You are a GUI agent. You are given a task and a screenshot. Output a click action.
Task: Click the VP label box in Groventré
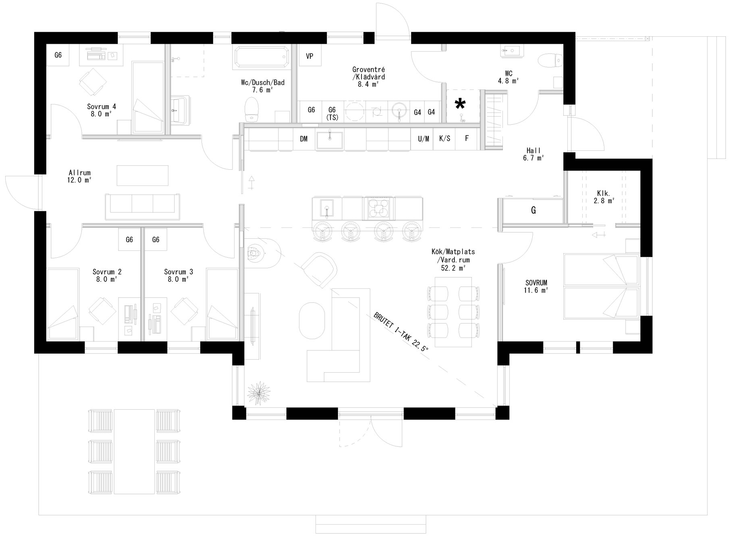point(309,56)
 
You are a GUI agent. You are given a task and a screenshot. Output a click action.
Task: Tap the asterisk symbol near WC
point(460,104)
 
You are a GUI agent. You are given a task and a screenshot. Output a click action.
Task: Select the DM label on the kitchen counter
point(303,139)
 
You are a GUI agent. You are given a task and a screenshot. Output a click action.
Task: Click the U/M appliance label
point(423,139)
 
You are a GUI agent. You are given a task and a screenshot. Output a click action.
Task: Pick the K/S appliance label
point(444,139)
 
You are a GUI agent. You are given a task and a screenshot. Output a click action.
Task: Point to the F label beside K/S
point(467,138)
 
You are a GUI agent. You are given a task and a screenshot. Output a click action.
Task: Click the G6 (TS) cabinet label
point(332,113)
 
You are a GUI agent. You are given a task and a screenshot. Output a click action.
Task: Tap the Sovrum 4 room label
point(102,110)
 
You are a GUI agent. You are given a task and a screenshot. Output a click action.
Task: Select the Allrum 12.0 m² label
point(79,177)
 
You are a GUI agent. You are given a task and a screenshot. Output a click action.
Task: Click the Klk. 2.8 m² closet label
point(604,197)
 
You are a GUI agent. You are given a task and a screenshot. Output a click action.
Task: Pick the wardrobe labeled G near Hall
point(533,210)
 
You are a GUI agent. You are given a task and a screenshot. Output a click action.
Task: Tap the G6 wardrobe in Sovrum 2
point(129,240)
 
